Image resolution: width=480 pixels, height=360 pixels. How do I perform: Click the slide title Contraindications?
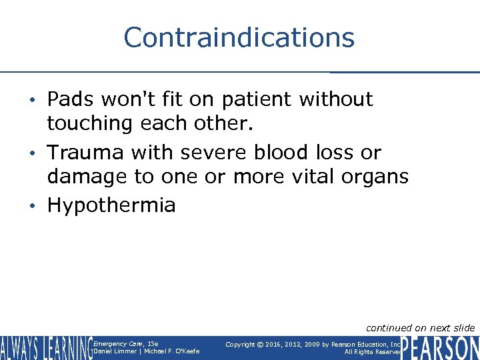click(x=239, y=37)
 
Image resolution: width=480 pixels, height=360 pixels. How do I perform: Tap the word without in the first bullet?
click(x=337, y=99)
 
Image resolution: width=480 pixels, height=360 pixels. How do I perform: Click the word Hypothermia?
click(x=111, y=205)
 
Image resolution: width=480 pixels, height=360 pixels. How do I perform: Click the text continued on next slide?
click(x=421, y=327)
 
